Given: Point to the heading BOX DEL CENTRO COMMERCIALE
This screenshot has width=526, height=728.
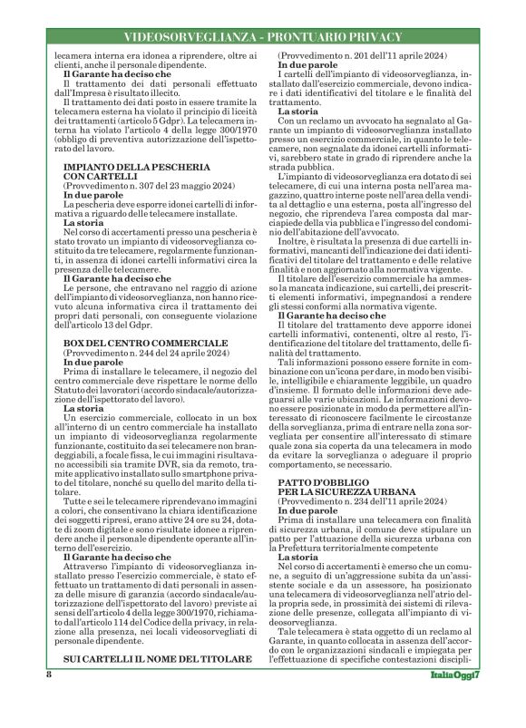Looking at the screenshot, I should coord(144,342).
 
